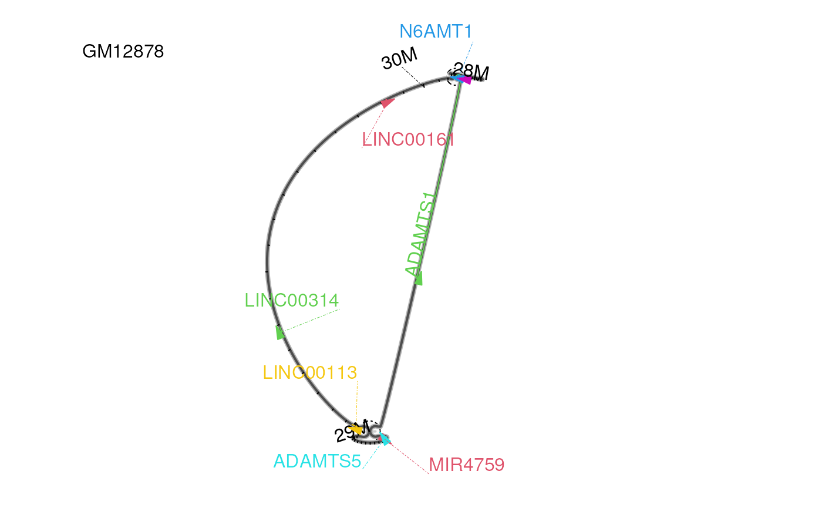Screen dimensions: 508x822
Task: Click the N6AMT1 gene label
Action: point(436,32)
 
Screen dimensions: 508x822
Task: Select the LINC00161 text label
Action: point(409,140)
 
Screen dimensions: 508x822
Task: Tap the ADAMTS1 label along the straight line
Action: point(422,234)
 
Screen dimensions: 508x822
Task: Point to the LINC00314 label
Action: point(292,301)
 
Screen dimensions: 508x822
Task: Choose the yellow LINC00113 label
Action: point(310,373)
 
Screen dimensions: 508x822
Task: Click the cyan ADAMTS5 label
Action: point(317,462)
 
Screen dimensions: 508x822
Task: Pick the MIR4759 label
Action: point(467,465)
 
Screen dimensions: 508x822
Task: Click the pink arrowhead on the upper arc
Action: point(387,103)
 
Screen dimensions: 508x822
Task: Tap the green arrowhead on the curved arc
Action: point(280,332)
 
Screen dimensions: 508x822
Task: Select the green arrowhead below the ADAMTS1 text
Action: point(419,278)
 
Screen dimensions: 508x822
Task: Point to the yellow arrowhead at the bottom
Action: point(356,430)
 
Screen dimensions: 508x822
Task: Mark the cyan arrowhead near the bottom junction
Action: point(385,439)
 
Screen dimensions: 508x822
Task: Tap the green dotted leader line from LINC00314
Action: point(311,321)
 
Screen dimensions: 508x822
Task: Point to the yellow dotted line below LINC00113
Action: point(357,402)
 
